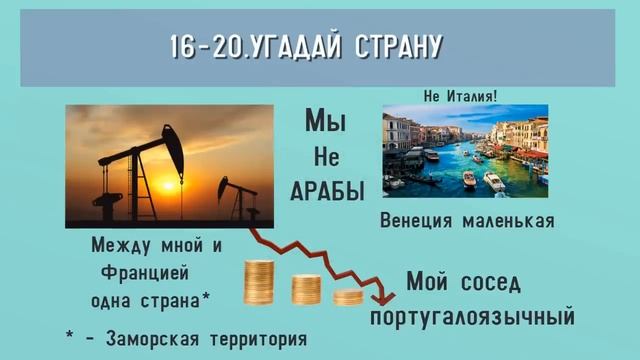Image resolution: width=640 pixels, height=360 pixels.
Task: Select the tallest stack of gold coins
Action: (x=259, y=283)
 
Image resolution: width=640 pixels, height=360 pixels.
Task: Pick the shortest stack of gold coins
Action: (x=348, y=296)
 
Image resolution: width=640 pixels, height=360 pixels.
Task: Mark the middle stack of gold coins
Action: (x=306, y=289)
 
